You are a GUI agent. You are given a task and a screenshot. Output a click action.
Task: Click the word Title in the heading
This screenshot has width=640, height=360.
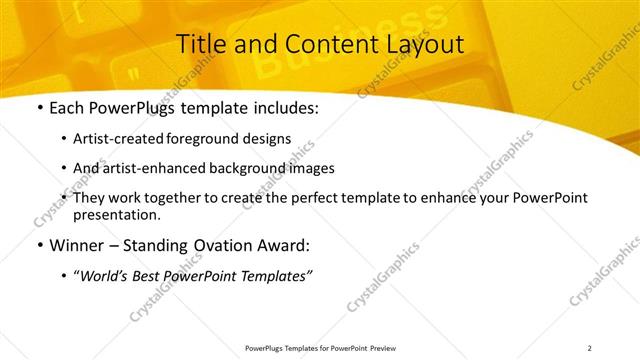tap(201, 45)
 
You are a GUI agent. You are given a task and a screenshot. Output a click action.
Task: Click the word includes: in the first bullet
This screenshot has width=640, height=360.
tap(283, 107)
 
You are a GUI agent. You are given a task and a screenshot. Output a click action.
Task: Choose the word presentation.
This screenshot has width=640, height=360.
tap(117, 214)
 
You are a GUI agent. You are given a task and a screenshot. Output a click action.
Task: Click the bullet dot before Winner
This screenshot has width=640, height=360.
tap(38, 246)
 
